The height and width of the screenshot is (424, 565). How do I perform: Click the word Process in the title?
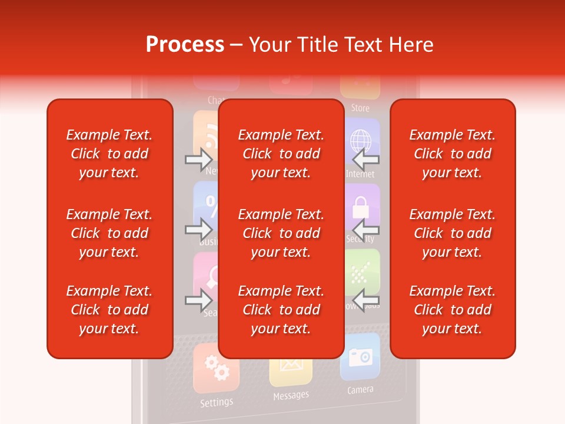pos(185,45)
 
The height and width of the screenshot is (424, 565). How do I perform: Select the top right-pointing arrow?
pos(199,159)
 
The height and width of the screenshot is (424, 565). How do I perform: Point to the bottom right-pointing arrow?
pos(199,300)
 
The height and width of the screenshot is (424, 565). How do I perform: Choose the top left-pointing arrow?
pos(365,159)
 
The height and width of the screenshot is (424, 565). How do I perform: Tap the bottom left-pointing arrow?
pos(365,300)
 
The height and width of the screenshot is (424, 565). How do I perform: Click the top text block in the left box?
pos(109,154)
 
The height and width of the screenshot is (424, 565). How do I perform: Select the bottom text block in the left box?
pos(109,310)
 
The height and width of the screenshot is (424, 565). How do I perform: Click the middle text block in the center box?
pos(281,233)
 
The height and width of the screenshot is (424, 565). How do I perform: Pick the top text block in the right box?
pos(452,154)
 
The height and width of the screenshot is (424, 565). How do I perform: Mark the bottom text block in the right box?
pos(452,310)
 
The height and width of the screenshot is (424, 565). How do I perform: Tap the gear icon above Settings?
pos(215,368)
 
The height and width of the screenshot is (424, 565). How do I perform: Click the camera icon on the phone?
pos(360,356)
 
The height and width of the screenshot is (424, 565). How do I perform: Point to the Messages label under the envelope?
pos(291,395)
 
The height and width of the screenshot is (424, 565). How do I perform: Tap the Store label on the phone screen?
pos(360,108)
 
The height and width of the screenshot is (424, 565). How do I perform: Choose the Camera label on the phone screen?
pos(360,390)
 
